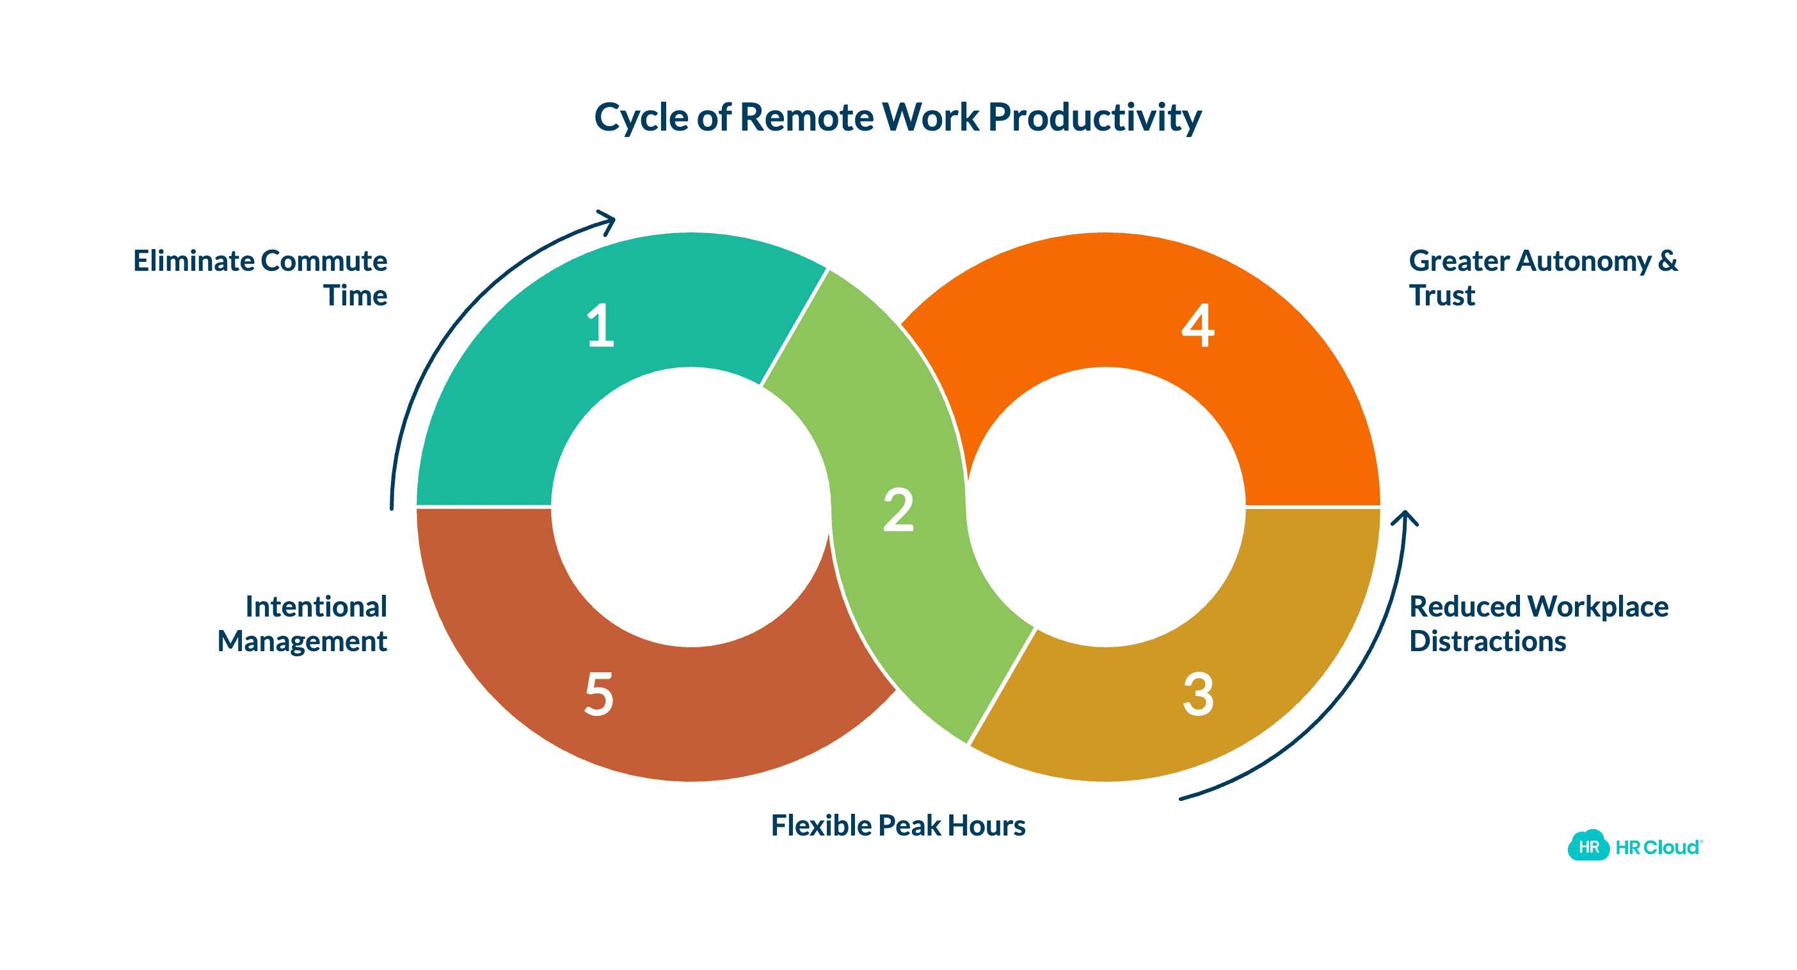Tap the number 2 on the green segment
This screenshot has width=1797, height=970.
[898, 510]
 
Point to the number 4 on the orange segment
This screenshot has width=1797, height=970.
[1198, 325]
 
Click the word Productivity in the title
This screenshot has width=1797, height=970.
[1094, 117]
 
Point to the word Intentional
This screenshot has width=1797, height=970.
[316, 606]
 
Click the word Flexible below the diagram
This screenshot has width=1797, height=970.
[821, 825]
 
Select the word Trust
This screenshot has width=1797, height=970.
[1441, 296]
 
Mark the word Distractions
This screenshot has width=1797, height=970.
[1487, 642]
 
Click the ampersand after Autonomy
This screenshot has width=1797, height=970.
[1667, 261]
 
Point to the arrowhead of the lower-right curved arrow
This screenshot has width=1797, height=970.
[1404, 519]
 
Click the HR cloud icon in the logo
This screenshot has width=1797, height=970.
[1588, 846]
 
